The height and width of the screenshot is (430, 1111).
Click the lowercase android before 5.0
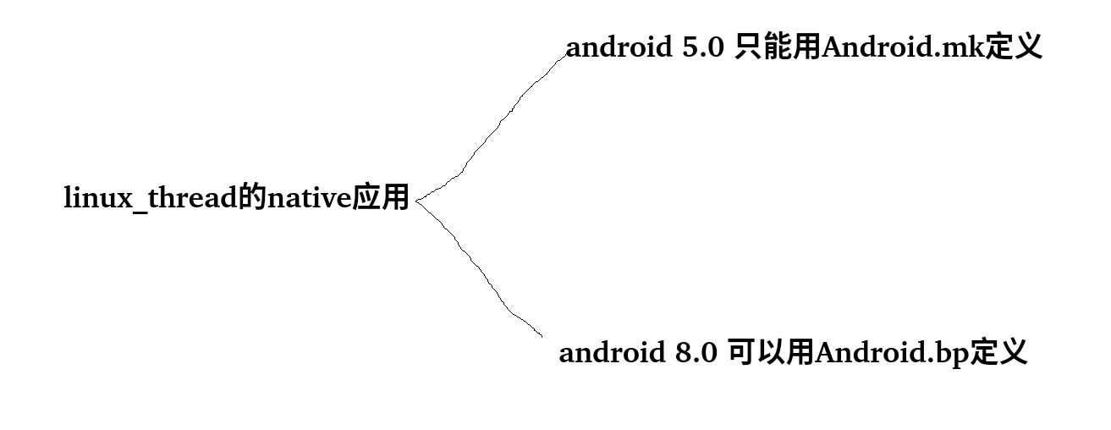point(618,48)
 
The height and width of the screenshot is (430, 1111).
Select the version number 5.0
point(701,48)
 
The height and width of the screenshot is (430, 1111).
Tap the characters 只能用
point(778,48)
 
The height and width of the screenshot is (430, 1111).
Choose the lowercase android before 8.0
point(611,352)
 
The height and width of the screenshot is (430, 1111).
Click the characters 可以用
point(772,352)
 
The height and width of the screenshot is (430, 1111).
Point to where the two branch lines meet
point(417,200)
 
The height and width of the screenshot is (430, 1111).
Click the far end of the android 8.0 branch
point(542,336)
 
